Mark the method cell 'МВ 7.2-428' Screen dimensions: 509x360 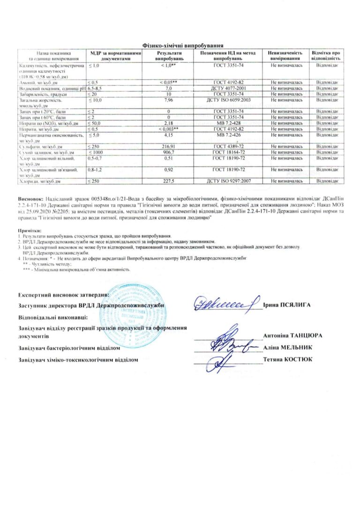click(227, 122)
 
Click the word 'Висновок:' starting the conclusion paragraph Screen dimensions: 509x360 click(30, 199)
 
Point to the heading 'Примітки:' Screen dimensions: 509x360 click(30, 231)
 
